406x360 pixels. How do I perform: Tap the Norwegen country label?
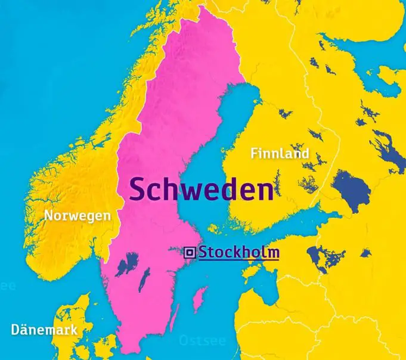[78, 216]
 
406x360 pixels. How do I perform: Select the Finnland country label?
[280, 154]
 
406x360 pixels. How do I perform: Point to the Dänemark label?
[44, 330]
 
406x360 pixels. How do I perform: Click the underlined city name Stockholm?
[238, 252]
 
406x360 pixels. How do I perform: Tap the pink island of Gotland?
[200, 299]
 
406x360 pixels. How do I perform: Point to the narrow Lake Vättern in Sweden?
[143, 278]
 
